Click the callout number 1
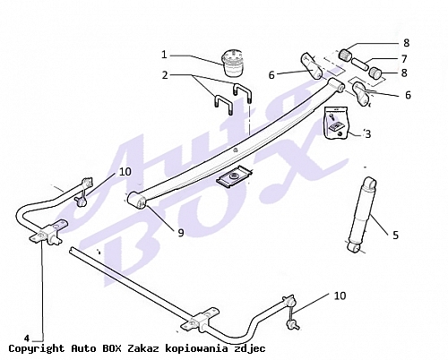[x=164, y=55]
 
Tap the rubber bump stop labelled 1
[x=234, y=64]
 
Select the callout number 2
[x=165, y=75]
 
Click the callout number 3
[x=367, y=134]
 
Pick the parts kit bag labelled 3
[x=337, y=123]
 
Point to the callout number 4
[x=27, y=339]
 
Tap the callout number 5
[x=395, y=236]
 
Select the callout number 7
[x=404, y=59]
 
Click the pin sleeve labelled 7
[x=360, y=64]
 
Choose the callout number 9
[x=181, y=233]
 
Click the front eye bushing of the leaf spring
[x=137, y=200]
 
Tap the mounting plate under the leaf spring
[x=234, y=177]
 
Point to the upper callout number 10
[x=125, y=172]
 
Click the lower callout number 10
[x=340, y=296]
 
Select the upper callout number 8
[x=406, y=43]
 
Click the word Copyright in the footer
[x=37, y=348]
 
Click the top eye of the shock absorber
[x=370, y=182]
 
